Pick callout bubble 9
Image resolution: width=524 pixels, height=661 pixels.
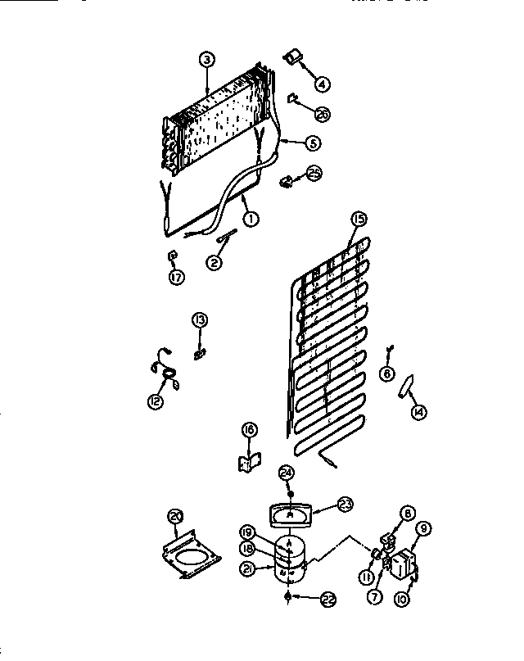(x=423, y=529)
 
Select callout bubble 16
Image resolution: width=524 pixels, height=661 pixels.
(x=249, y=429)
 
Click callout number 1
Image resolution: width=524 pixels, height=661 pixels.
(x=250, y=219)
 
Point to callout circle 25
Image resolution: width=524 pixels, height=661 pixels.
(x=314, y=172)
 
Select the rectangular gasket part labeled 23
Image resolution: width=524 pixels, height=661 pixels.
(x=290, y=514)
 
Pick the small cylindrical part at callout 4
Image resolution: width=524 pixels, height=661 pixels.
(x=291, y=57)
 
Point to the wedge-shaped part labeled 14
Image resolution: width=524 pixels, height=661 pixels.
(x=406, y=385)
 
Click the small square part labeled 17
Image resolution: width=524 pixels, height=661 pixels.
(x=172, y=256)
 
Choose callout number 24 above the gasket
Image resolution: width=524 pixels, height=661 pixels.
(x=286, y=472)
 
